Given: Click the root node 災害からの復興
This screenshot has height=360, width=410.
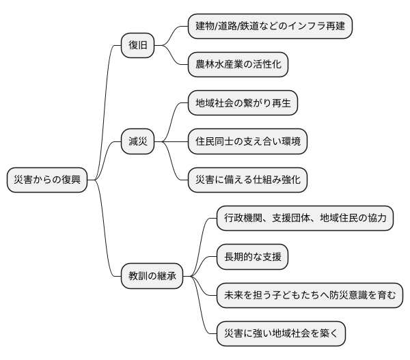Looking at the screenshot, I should point(47,180).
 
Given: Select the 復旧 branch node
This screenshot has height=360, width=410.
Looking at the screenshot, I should point(137,46).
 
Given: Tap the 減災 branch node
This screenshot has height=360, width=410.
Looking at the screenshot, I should point(137,142).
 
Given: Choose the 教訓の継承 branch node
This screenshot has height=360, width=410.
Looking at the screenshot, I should point(152,277).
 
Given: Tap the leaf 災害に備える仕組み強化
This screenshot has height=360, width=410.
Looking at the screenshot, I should point(247,180).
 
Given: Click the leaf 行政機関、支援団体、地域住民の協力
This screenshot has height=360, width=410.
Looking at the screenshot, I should point(305,219).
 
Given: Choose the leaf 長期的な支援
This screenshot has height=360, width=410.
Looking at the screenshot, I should point(252,258).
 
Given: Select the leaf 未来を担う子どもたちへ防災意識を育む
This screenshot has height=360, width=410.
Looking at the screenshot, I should point(309,296).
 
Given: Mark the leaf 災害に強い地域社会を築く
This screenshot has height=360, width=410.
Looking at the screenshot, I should point(280,334).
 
